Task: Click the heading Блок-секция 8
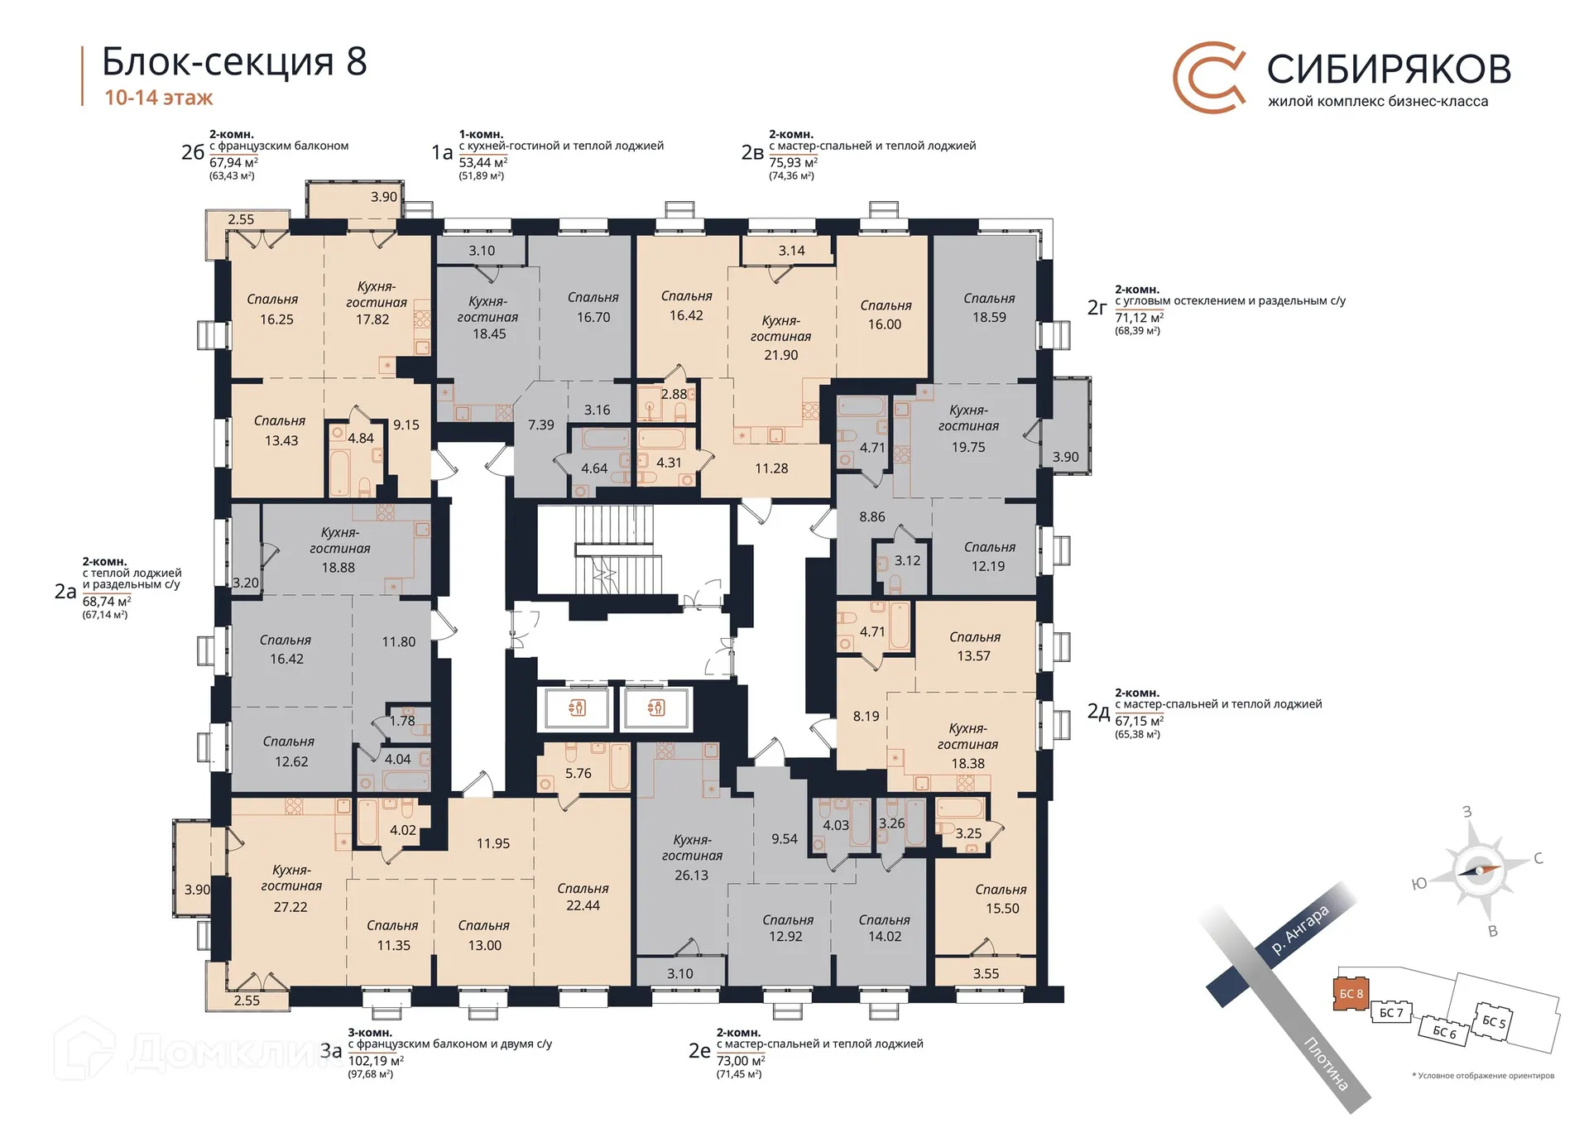(234, 62)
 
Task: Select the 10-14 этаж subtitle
(158, 98)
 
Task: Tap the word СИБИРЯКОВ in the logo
(1389, 70)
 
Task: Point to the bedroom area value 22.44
(583, 905)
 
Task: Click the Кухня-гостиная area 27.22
(290, 907)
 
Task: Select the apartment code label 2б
(192, 152)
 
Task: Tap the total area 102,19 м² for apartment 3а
(376, 1061)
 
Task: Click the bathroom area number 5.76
(578, 774)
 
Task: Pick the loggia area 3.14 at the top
(791, 251)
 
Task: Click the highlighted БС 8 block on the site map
(1351, 994)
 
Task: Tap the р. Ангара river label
(1300, 930)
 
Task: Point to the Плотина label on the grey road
(1326, 1063)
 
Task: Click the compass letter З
(1467, 812)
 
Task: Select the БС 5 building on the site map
(1494, 1021)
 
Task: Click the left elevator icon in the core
(577, 708)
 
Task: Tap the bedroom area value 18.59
(989, 318)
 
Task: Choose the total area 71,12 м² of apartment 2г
(1139, 318)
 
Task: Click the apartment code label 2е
(699, 1051)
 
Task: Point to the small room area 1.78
(402, 721)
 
